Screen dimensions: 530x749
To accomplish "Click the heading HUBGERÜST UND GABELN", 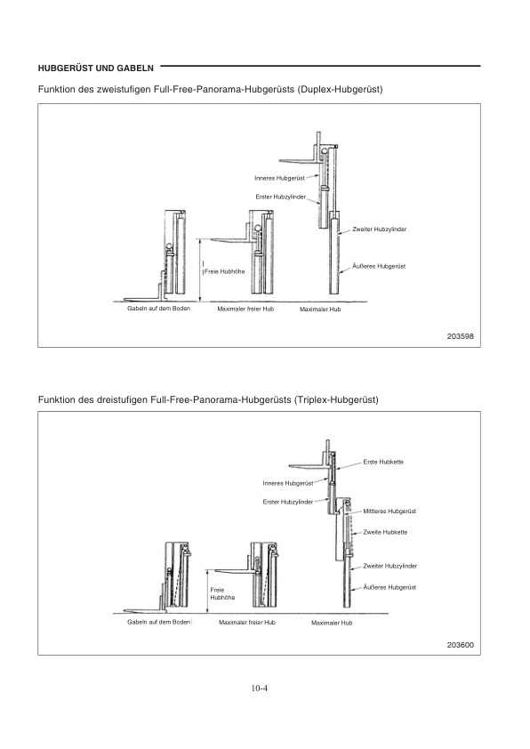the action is click(95, 68).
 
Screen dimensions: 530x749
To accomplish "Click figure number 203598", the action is click(461, 336).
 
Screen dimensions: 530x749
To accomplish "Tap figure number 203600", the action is click(461, 645).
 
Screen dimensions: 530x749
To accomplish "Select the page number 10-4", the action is click(260, 689).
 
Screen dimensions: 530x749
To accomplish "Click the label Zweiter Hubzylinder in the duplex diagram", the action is click(380, 230).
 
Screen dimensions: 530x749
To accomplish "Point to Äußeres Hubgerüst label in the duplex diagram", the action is click(379, 266).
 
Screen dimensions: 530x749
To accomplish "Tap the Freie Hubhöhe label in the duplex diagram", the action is click(224, 271).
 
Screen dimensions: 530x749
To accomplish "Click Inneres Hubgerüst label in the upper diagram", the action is click(280, 178).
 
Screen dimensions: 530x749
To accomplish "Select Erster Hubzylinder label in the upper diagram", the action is click(281, 197).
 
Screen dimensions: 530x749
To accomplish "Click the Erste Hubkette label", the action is click(383, 462).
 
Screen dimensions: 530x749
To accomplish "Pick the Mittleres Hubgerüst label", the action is click(389, 511).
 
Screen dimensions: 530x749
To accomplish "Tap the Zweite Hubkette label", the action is click(385, 532).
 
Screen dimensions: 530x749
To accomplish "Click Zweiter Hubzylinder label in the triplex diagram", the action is click(390, 566).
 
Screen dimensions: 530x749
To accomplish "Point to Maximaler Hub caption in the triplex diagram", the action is click(332, 623).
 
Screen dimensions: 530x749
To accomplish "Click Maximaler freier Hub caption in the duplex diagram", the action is click(245, 309).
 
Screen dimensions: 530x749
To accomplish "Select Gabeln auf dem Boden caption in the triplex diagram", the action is click(158, 622).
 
